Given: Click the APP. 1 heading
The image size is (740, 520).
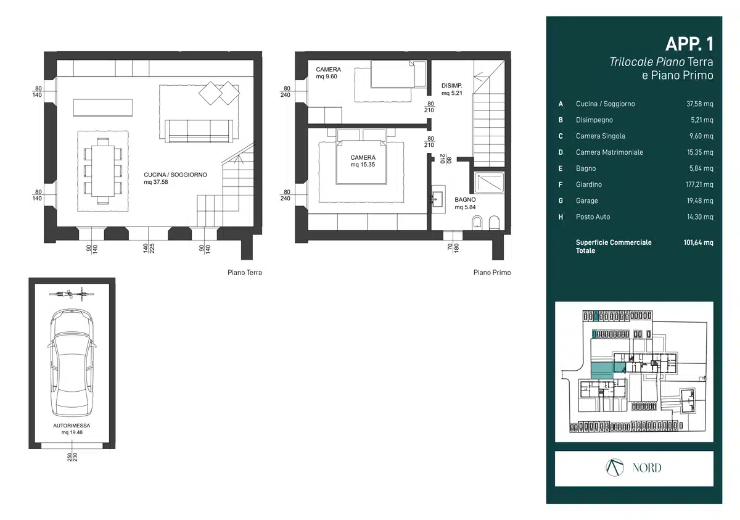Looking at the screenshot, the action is pyautogui.click(x=689, y=44).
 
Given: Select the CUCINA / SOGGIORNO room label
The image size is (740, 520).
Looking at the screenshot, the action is pyautogui.click(x=175, y=175).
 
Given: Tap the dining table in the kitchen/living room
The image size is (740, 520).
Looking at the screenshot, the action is pyautogui.click(x=103, y=171).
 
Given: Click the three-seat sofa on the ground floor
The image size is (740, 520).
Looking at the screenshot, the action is pyautogui.click(x=199, y=131).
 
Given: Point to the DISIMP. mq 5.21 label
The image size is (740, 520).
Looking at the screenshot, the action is pyautogui.click(x=451, y=89).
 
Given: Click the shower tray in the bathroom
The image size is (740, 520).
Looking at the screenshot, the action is pyautogui.click(x=489, y=183).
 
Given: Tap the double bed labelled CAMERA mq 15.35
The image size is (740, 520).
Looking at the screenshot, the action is pyautogui.click(x=361, y=162).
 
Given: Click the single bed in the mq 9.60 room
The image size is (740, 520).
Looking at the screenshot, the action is pyautogui.click(x=392, y=74).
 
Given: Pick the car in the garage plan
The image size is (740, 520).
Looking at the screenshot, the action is pyautogui.click(x=72, y=363).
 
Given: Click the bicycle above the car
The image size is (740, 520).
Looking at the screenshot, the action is pyautogui.click(x=72, y=294).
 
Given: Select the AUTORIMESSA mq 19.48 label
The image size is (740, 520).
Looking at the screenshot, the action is pyautogui.click(x=72, y=429).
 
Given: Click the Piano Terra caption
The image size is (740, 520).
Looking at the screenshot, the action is pyautogui.click(x=244, y=273).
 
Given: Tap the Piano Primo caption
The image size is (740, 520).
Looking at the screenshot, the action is pyautogui.click(x=492, y=273).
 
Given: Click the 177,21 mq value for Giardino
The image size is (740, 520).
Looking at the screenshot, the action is pyautogui.click(x=699, y=184).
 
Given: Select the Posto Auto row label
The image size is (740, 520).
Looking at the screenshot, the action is pyautogui.click(x=593, y=217).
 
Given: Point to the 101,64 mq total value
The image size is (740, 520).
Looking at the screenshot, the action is pyautogui.click(x=698, y=242).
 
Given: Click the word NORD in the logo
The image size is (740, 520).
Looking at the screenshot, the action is pyautogui.click(x=647, y=468).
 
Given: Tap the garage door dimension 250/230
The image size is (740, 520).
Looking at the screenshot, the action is pyautogui.click(x=72, y=457).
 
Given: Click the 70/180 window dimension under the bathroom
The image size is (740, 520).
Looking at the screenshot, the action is pyautogui.click(x=453, y=247).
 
